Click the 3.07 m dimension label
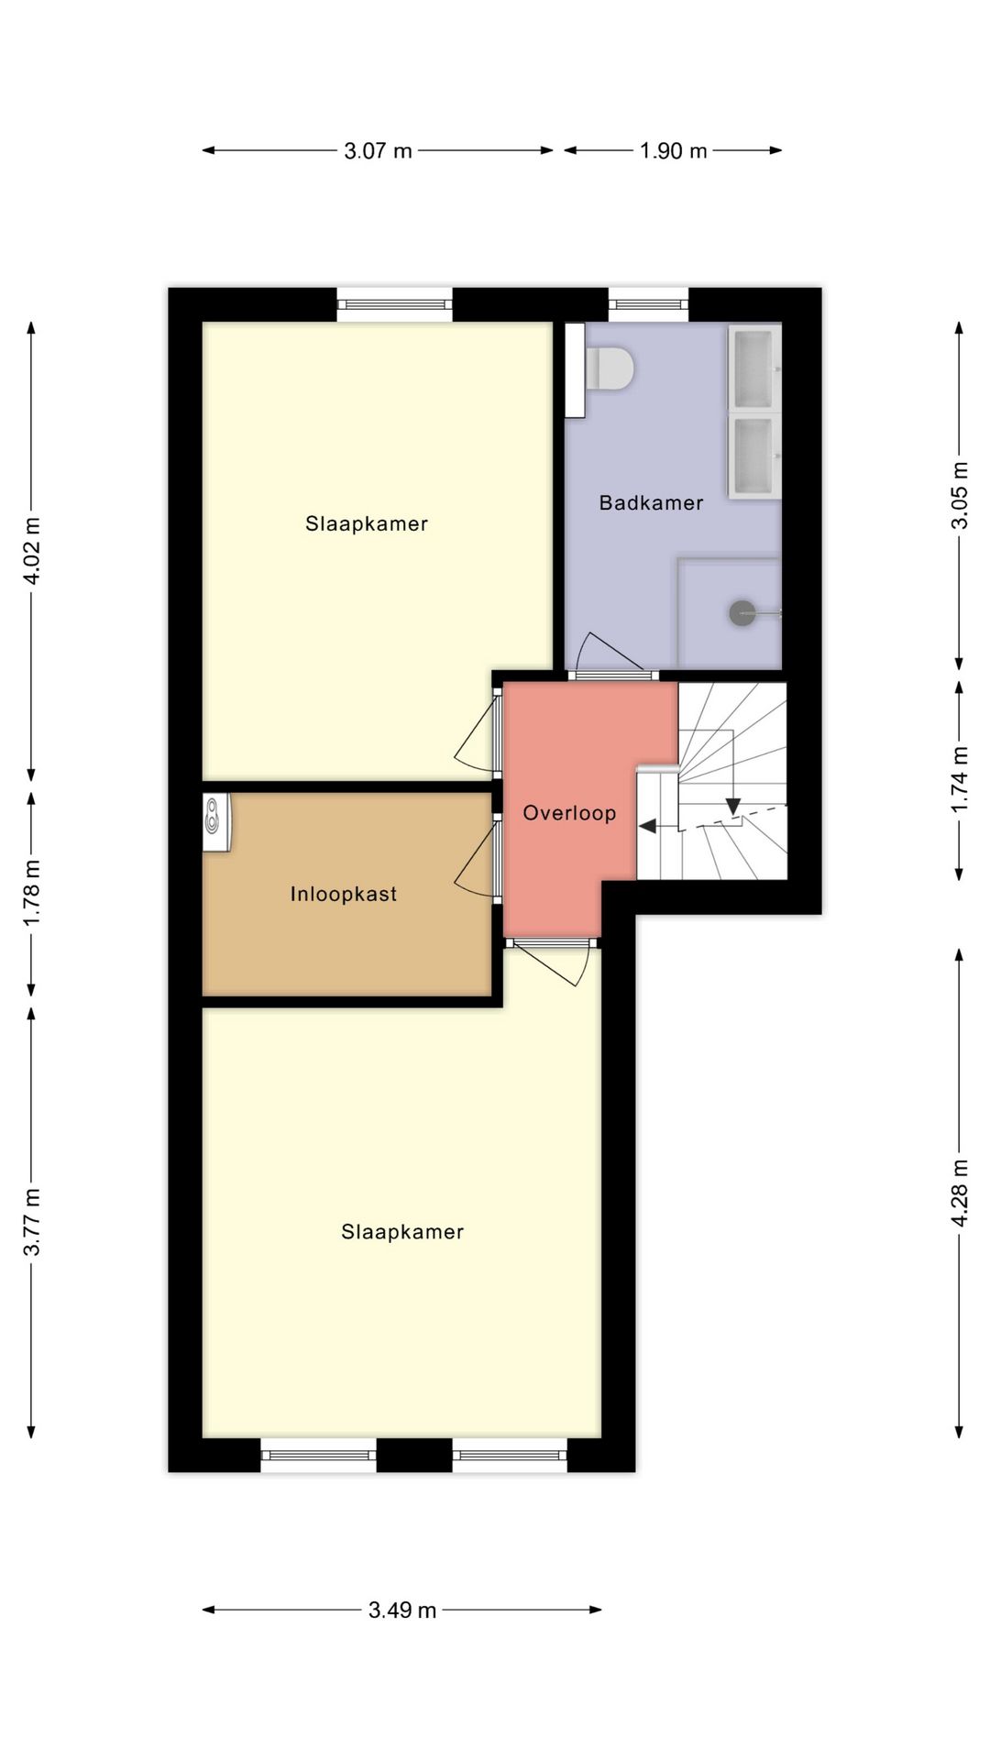pos(378,151)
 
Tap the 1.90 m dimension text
pos(673,151)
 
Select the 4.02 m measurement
pos(32,551)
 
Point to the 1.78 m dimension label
pos(32,893)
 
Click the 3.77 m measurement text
pos(32,1223)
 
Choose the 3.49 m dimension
pos(402,1610)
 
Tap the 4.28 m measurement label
pos(960,1193)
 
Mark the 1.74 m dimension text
pos(960,779)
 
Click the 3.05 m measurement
pos(960,495)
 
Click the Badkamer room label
pos(651,502)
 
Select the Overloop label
pos(569,813)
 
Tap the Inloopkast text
pos(344,894)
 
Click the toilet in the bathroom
pos(610,368)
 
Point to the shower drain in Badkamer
pos(742,613)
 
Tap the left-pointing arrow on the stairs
pos(648,826)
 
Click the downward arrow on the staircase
pos(732,807)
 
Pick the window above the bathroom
pos(648,304)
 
